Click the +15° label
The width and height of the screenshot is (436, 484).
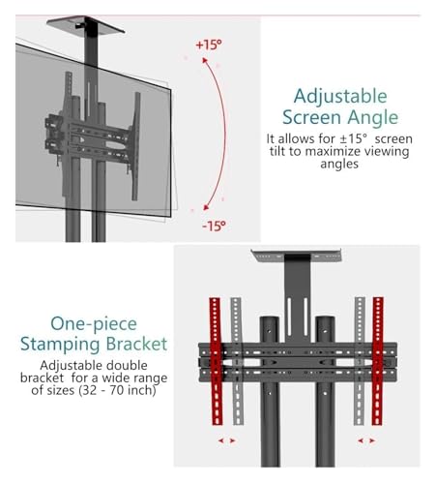[209, 45]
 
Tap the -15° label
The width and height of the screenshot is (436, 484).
[214, 226]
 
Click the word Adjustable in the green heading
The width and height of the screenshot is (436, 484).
[340, 97]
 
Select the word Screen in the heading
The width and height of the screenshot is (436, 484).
[311, 117]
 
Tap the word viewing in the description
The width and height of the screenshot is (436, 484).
[385, 152]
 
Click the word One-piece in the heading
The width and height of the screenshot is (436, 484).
[94, 324]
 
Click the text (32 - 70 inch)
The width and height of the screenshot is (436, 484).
[117, 390]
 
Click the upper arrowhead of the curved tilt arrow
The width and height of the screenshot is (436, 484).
[204, 60]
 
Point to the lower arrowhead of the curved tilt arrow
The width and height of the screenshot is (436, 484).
[206, 207]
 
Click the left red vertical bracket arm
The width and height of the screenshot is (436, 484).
[216, 361]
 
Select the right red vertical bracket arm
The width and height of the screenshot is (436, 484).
[377, 361]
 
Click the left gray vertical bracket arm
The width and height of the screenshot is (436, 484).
[237, 361]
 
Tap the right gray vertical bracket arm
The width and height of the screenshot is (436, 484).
[360, 361]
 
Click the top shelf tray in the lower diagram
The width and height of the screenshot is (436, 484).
[296, 256]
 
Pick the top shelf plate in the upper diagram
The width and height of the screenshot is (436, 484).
[85, 24]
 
